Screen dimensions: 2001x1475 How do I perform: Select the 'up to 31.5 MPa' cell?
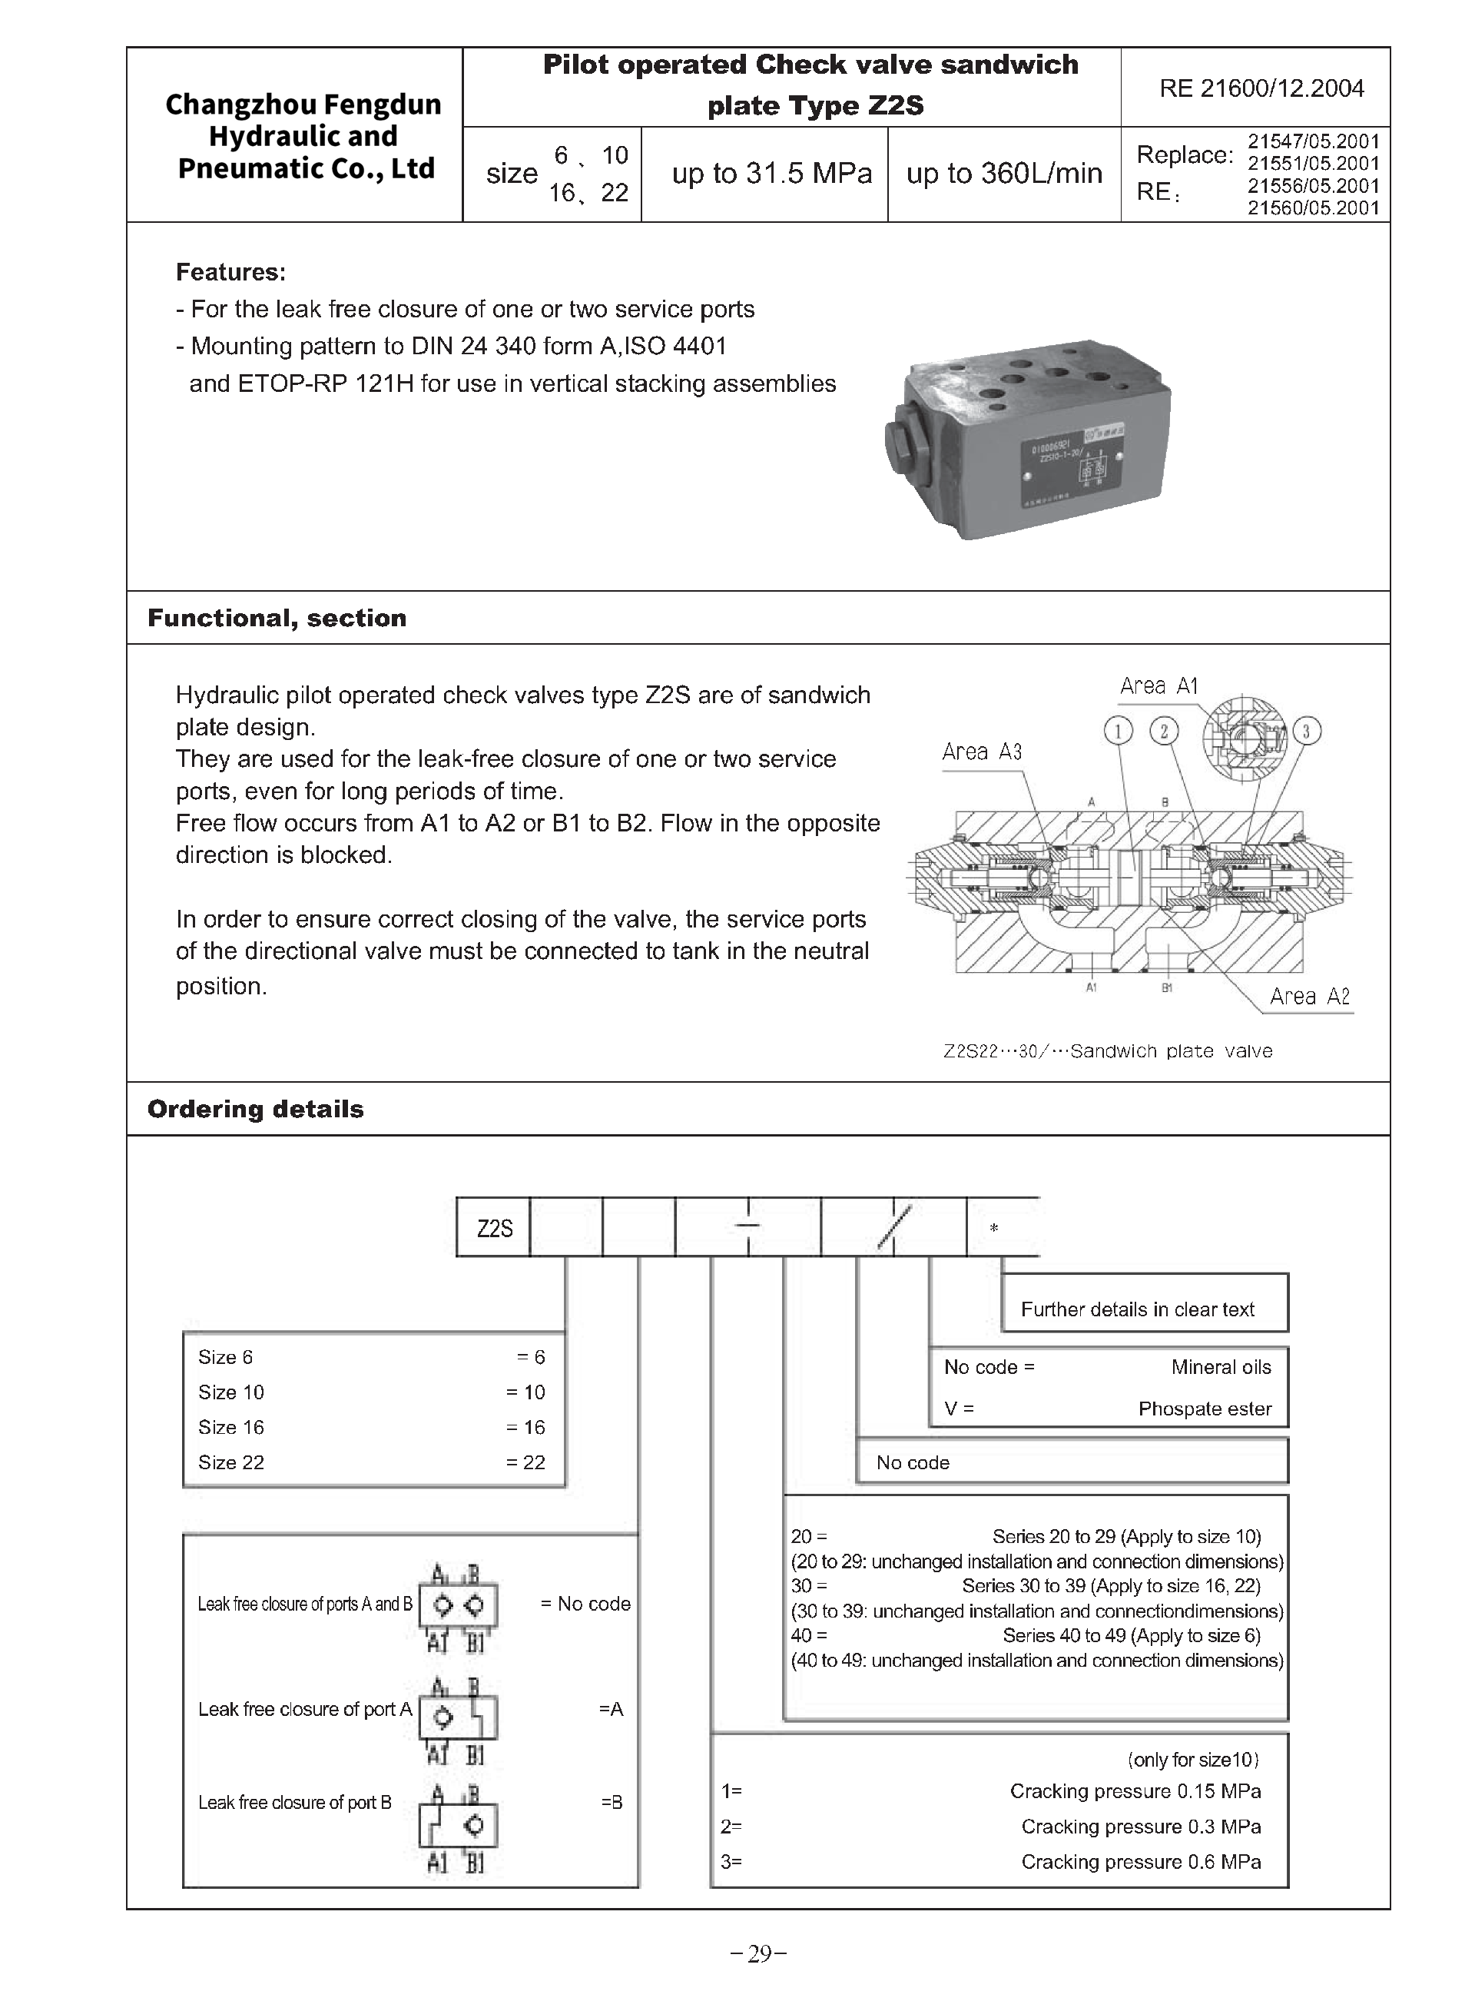[771, 173]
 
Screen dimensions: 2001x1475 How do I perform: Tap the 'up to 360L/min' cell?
[1003, 173]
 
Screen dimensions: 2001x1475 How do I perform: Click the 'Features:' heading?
[230, 272]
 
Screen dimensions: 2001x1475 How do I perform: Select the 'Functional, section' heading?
[277, 618]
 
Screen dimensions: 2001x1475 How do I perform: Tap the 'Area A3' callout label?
[981, 752]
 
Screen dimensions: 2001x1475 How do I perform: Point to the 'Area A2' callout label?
[1309, 997]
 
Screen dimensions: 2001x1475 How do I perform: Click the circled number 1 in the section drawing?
[1118, 732]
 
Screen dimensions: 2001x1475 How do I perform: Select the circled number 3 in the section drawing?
[1306, 732]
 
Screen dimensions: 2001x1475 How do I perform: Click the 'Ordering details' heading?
[255, 1109]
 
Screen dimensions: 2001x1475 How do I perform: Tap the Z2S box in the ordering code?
[494, 1229]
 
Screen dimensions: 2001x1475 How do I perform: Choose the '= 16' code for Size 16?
[525, 1427]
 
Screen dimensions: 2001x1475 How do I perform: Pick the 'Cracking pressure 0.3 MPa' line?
[1140, 1826]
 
